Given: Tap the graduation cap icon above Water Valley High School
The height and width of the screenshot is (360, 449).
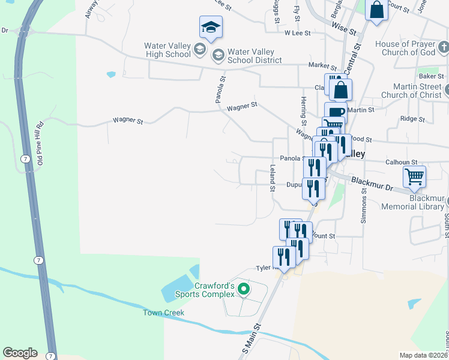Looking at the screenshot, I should click(211, 26).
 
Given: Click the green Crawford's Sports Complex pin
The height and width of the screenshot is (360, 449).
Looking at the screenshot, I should click(243, 290).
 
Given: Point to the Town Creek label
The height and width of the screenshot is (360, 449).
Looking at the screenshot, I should click(163, 313).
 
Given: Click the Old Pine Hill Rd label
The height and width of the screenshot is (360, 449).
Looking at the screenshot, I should click(40, 143).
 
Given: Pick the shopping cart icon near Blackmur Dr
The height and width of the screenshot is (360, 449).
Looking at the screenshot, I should click(414, 176).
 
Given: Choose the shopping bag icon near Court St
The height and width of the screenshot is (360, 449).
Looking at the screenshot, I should click(376, 10).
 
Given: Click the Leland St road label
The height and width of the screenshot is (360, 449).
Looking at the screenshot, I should click(273, 178).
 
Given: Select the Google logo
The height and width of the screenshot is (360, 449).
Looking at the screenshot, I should click(20, 353).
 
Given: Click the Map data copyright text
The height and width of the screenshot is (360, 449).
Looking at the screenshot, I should click(424, 355).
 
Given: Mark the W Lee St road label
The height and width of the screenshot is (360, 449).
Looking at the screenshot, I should click(298, 34).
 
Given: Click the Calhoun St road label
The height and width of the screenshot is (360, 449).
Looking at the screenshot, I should click(401, 162).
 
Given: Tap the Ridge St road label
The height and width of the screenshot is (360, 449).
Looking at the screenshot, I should click(412, 119).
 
